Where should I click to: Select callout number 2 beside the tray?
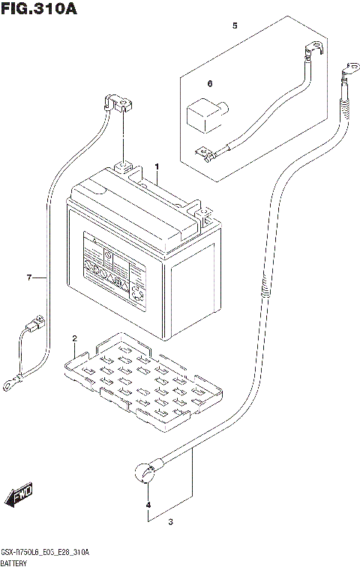[x=75, y=339]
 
